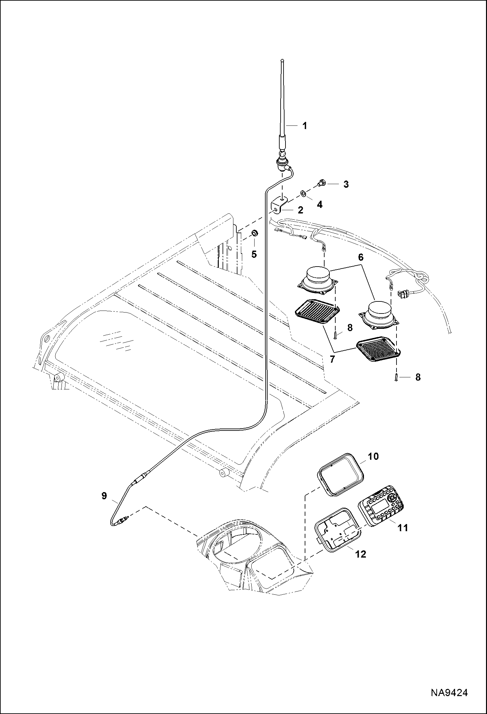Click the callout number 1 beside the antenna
(305, 125)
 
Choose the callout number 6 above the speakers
(360, 257)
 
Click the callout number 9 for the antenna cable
(104, 505)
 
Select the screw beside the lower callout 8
(397, 377)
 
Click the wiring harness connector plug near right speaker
(403, 294)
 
